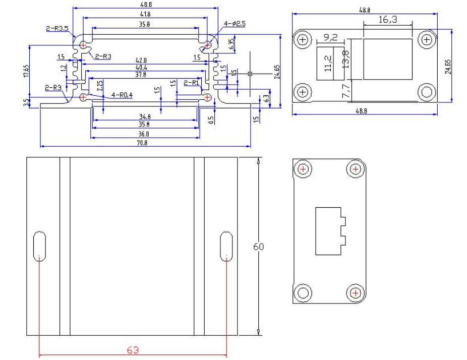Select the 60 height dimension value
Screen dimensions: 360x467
259,247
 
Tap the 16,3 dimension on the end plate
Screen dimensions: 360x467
387,20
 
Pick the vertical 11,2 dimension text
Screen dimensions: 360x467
328,64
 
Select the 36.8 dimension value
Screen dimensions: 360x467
144,134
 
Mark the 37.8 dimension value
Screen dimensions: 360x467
144,75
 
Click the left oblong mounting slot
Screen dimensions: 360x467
39,246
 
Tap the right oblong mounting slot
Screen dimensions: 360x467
227,246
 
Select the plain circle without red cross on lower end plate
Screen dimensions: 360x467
303,292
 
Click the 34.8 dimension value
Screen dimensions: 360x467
144,116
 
